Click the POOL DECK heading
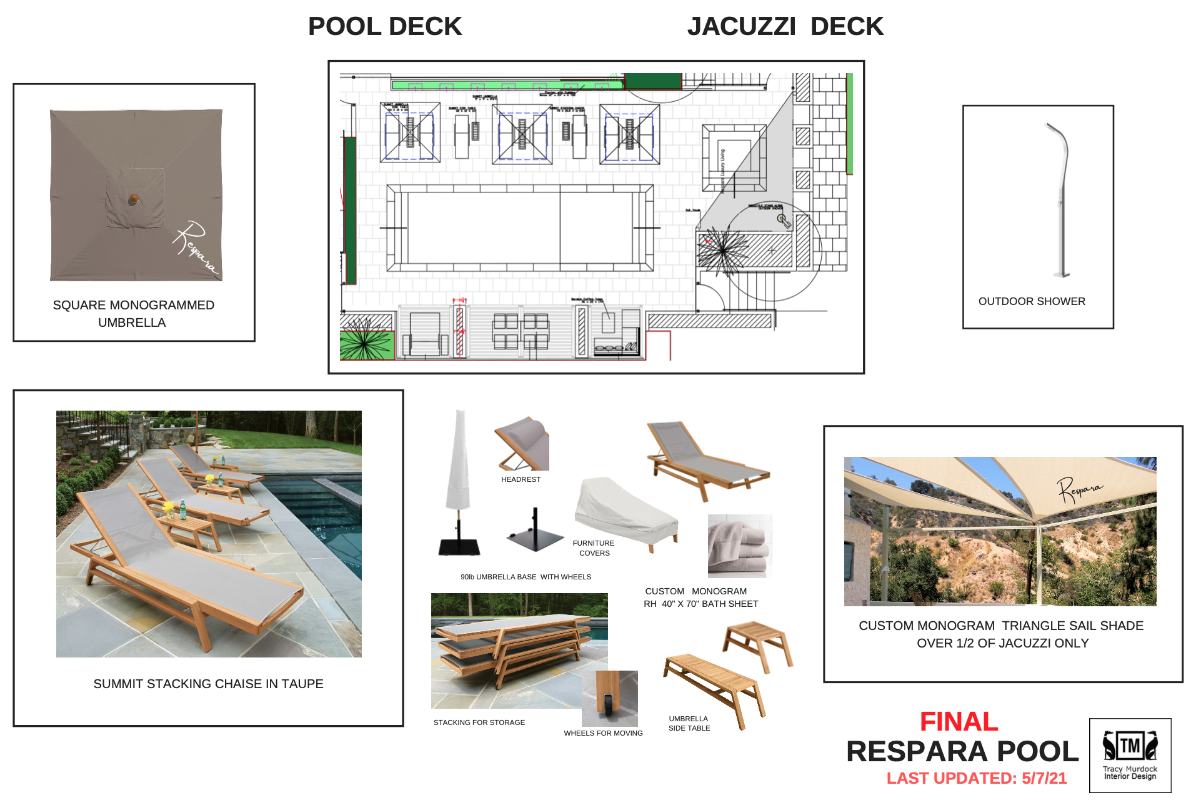click(x=385, y=27)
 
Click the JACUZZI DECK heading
click(x=785, y=27)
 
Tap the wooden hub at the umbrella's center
click(x=134, y=199)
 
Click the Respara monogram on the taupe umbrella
click(x=196, y=247)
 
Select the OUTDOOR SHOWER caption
click(x=1031, y=301)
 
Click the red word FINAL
click(x=959, y=722)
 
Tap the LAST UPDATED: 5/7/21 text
click(x=976, y=778)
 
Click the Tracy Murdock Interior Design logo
click(x=1130, y=755)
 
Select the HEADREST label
click(x=521, y=479)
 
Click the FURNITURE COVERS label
click(x=594, y=548)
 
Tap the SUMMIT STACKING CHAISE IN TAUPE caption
click(x=208, y=684)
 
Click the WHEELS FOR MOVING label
click(x=603, y=733)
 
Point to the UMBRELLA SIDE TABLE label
click(x=689, y=723)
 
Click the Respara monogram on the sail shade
click(x=1079, y=489)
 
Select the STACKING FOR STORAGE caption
click(x=479, y=722)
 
